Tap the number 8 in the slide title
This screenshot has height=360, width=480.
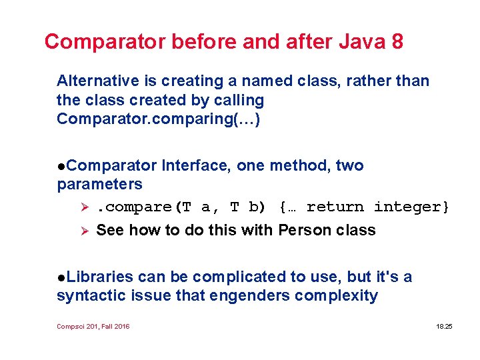click(x=397, y=42)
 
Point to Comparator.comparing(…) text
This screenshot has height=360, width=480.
click(x=159, y=119)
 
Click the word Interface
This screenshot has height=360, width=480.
click(x=195, y=165)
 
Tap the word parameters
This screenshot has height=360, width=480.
click(x=100, y=183)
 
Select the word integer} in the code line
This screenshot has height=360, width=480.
click(x=411, y=207)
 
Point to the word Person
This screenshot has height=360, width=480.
click(x=304, y=231)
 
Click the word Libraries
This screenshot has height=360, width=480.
click(x=100, y=277)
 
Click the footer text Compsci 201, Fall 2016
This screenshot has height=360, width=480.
click(x=93, y=327)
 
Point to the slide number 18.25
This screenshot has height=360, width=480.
click(x=443, y=327)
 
